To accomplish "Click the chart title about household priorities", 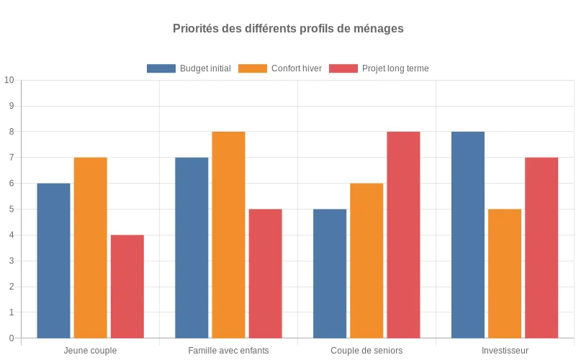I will tap(288, 29).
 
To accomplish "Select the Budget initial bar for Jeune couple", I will tap(53, 261).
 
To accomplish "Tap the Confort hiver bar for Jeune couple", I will tap(90, 248).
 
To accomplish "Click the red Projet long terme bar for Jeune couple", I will tap(127, 287).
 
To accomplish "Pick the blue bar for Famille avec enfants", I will tap(192, 248).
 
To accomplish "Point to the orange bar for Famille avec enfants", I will tap(228, 235).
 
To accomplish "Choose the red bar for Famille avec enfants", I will tap(265, 274).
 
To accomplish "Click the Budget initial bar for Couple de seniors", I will tap(330, 274).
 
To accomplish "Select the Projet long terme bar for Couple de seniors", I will tap(403, 235).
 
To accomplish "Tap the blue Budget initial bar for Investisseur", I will tap(468, 235).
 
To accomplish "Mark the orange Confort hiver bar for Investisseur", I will tap(505, 274).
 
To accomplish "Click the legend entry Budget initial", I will tap(189, 68).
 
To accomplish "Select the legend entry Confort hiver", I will tap(280, 68).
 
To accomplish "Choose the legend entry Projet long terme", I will tap(379, 68).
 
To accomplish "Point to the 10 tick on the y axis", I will tap(9, 80).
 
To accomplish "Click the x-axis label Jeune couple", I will tap(90, 351).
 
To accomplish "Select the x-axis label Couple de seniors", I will tap(366, 351).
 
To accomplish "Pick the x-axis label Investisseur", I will tap(505, 351).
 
